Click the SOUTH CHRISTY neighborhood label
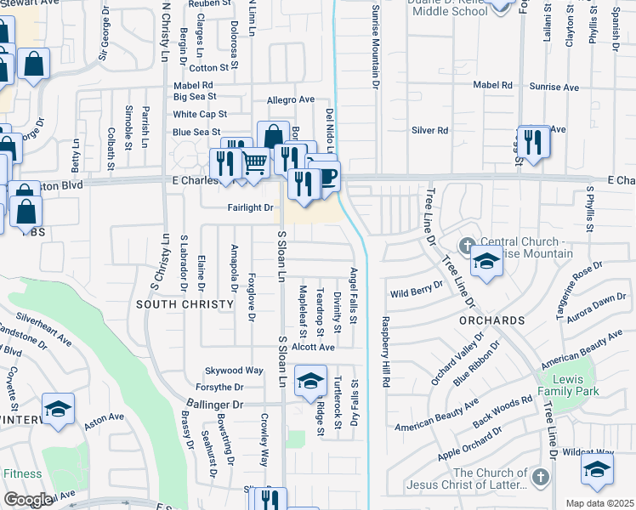(185, 304)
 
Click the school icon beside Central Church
(487, 261)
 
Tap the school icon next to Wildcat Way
(597, 469)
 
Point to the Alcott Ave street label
(314, 347)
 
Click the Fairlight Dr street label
(250, 207)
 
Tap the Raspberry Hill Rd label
(385, 352)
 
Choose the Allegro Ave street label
(291, 100)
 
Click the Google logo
(27, 500)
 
